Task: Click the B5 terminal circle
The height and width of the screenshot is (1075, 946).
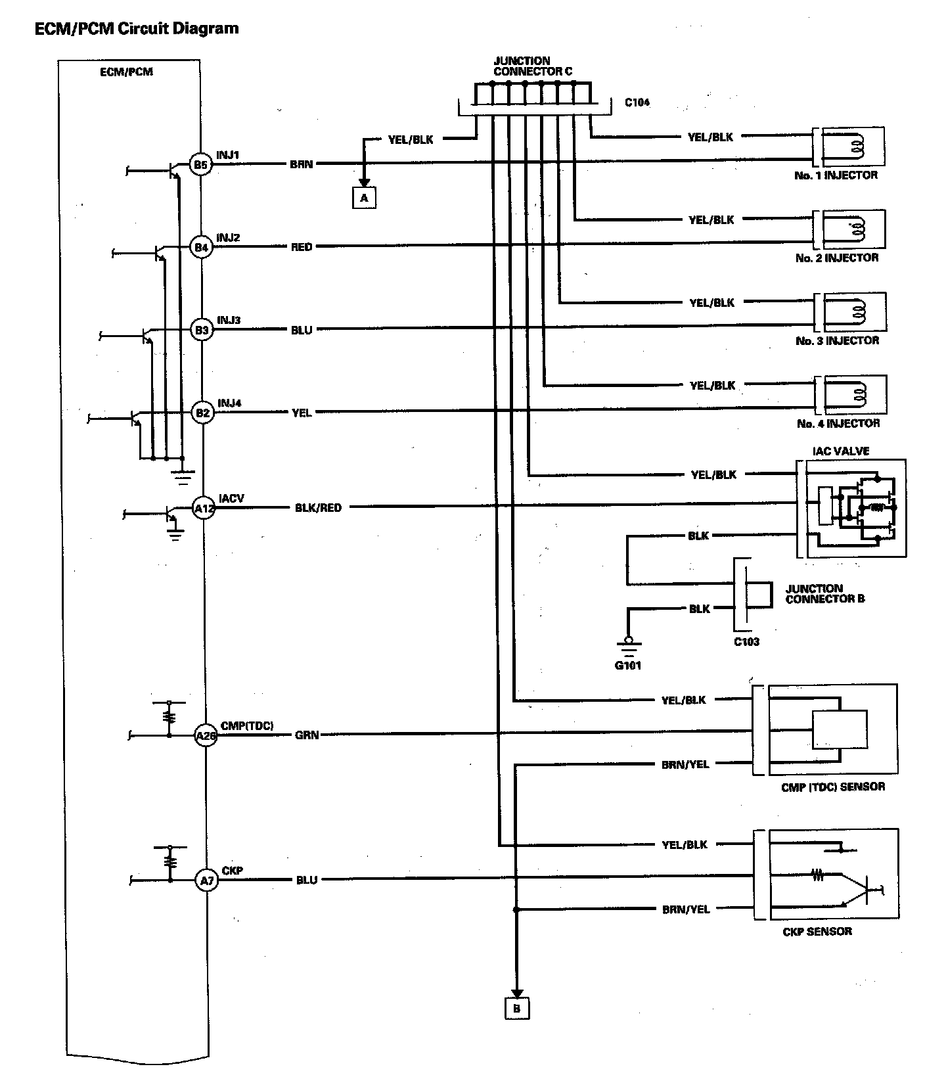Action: point(200,164)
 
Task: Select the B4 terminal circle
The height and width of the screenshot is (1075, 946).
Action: point(200,247)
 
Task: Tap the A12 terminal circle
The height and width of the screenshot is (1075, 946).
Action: point(204,508)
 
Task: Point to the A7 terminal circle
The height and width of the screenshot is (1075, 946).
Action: point(206,881)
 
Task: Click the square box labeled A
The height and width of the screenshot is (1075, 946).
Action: point(364,197)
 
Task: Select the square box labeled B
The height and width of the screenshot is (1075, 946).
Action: point(517,1008)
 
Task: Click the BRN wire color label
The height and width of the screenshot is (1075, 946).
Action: point(302,164)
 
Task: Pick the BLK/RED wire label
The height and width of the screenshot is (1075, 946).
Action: point(319,508)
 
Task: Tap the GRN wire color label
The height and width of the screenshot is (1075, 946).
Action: point(307,735)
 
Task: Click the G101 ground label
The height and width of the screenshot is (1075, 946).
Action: point(628,665)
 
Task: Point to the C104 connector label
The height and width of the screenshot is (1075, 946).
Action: point(637,103)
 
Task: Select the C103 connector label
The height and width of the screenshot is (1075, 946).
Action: point(746,641)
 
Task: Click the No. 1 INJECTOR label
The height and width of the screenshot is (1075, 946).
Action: point(836,175)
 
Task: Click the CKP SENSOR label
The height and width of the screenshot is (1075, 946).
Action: point(817,931)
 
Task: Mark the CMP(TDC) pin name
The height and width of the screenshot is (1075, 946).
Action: point(247,725)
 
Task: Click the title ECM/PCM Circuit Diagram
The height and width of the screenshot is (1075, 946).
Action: point(137,28)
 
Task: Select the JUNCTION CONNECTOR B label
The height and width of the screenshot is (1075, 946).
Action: point(825,593)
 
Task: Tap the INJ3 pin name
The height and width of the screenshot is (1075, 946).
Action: point(229,321)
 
